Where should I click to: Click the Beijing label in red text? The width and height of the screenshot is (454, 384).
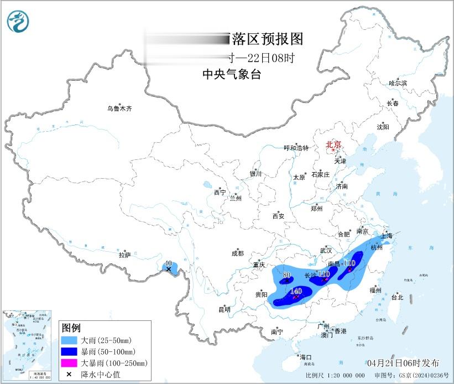[333, 144]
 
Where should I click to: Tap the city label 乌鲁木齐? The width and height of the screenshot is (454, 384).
[119, 108]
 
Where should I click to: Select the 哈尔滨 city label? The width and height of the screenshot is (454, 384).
[397, 82]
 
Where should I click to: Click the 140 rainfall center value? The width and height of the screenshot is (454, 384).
[296, 291]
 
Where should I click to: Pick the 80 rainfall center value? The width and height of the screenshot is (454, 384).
[286, 275]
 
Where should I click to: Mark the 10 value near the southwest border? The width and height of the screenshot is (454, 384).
[169, 263]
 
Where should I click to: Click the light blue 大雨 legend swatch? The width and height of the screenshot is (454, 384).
[69, 340]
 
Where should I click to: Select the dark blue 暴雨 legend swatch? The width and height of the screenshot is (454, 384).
[69, 351]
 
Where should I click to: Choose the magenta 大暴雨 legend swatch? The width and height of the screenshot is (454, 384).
[69, 363]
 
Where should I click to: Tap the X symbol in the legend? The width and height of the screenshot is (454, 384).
[69, 375]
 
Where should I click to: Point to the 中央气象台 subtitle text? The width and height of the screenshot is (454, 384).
[231, 74]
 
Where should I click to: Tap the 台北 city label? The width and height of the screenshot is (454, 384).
[396, 297]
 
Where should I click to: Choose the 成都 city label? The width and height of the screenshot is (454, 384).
[238, 254]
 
